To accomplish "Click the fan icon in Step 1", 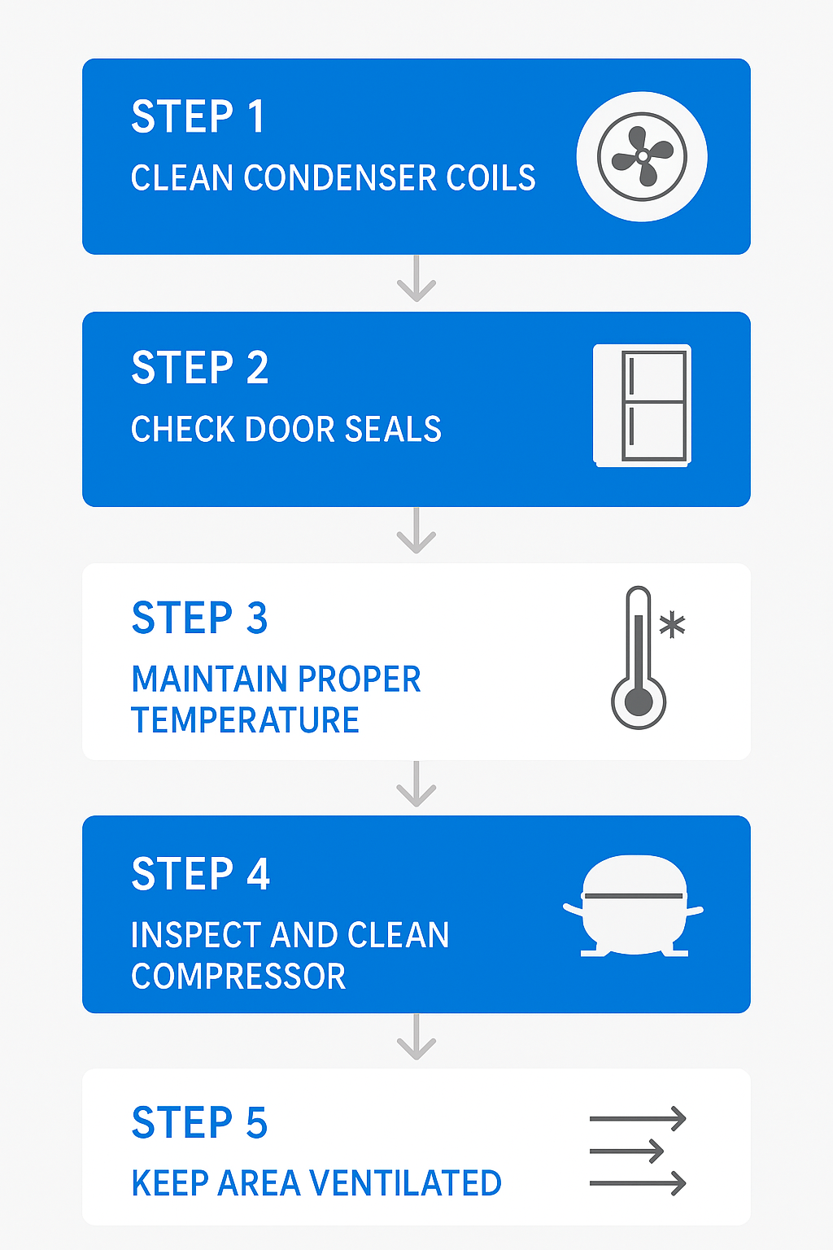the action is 642,156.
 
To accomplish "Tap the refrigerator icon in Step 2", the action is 642,406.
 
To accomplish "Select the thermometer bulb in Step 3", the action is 639,702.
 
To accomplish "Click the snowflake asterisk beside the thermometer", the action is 672,624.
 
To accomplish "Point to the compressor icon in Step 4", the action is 633,906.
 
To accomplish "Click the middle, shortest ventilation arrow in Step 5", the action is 626,1152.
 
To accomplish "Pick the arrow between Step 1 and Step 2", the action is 416,278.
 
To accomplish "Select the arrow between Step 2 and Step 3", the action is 416,531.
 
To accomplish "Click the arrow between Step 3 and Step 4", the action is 416,784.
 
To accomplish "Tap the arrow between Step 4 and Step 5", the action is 416,1037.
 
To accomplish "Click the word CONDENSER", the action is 340,178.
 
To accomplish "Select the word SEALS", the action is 393,429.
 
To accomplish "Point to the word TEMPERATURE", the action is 245,720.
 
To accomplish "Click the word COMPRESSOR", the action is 238,976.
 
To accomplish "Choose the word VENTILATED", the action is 405,1183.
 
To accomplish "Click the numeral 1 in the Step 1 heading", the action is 256,116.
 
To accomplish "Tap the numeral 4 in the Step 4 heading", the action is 259,873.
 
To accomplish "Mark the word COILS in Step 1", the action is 491,178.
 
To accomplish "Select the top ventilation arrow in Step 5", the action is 638,1119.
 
